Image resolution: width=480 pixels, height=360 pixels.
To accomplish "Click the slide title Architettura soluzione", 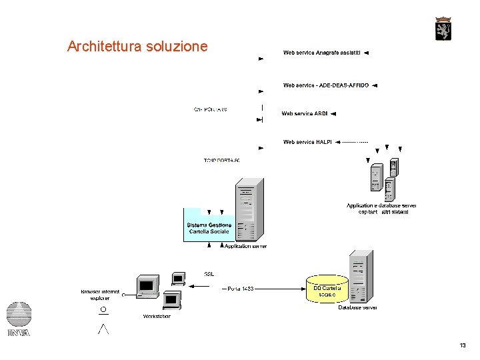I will (x=137, y=47).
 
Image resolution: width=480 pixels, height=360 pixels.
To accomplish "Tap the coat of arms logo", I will (x=443, y=29).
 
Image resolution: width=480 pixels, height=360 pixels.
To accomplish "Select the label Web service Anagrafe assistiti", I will (x=321, y=52).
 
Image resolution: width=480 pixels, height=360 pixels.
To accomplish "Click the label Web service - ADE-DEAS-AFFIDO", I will (x=325, y=85).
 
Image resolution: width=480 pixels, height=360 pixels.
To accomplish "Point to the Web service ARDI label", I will (x=304, y=113).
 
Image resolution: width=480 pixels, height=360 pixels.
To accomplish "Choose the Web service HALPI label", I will (x=307, y=142).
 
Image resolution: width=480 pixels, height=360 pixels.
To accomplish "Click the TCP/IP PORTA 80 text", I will (x=221, y=161).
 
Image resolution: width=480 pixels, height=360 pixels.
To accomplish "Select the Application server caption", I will (x=245, y=246).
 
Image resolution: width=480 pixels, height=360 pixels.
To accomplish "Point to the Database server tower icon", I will (x=361, y=276).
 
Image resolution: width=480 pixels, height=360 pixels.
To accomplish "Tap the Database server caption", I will (x=357, y=308).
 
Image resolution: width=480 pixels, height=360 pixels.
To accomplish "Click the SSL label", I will (x=209, y=273).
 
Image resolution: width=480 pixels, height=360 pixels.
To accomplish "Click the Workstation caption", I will (x=157, y=316).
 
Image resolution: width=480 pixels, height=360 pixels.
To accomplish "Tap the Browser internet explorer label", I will (x=101, y=295).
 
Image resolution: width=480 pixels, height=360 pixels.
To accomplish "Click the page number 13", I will (x=463, y=345).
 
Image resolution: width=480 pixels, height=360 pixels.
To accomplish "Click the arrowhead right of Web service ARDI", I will (x=333, y=114).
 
